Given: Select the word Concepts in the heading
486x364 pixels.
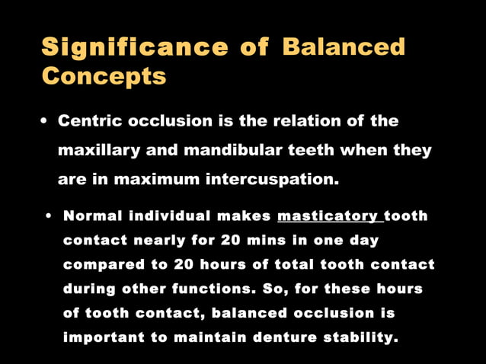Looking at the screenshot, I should pos(104,76).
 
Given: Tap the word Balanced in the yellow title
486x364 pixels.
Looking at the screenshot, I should pos(343,47).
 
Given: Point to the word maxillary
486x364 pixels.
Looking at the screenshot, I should pos(99,150).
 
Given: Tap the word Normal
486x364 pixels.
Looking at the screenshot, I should pos(92,216).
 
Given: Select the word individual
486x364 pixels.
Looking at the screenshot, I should pos(172,216).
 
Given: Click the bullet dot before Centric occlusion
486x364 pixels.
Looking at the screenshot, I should pos(46,122).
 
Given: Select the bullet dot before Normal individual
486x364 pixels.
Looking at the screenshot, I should pos(49,217).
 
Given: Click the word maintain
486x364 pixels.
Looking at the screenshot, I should pos(205,337).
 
